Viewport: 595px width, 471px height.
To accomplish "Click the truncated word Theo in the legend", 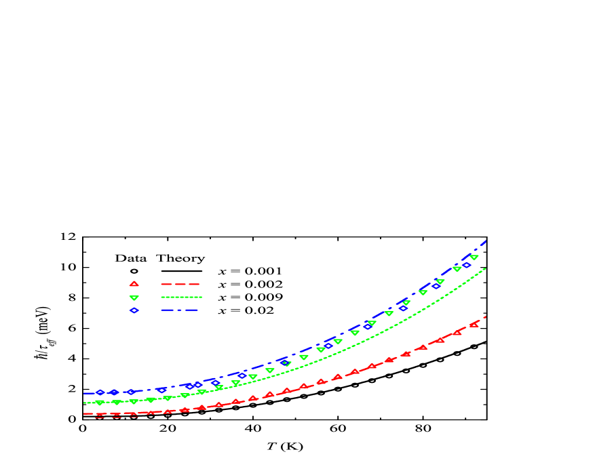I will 172,258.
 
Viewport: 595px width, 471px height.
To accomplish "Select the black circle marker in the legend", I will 134,271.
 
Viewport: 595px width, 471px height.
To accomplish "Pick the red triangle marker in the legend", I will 134,284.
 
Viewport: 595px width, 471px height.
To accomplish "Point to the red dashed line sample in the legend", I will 180,284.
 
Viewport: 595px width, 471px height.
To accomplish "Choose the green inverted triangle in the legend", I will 134,298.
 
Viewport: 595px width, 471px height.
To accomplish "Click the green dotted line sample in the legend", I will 181,297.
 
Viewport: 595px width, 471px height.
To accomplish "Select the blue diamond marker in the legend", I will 134,310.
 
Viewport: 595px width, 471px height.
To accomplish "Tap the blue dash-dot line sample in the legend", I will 180,310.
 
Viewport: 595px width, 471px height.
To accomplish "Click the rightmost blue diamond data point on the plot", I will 467,265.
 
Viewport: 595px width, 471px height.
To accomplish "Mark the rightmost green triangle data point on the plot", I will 474,258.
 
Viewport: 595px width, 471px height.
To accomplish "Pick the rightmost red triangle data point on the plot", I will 474,324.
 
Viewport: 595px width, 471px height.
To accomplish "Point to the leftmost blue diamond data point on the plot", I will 100,392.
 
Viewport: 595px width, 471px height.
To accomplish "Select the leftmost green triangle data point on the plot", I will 100,403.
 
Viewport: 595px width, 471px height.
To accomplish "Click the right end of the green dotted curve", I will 486,268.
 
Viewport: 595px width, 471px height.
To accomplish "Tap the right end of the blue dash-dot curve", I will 486,241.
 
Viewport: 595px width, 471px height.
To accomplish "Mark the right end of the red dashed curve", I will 486,316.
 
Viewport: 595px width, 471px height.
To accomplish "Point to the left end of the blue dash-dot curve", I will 84,393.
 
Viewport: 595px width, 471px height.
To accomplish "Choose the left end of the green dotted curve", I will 84,403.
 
